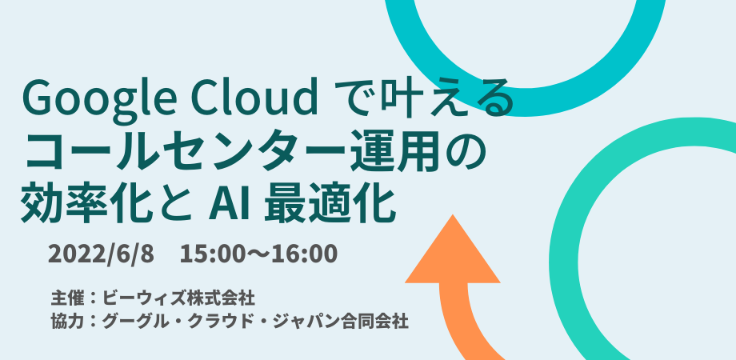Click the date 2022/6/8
101,254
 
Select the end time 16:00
310,254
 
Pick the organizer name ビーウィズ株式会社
179,298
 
